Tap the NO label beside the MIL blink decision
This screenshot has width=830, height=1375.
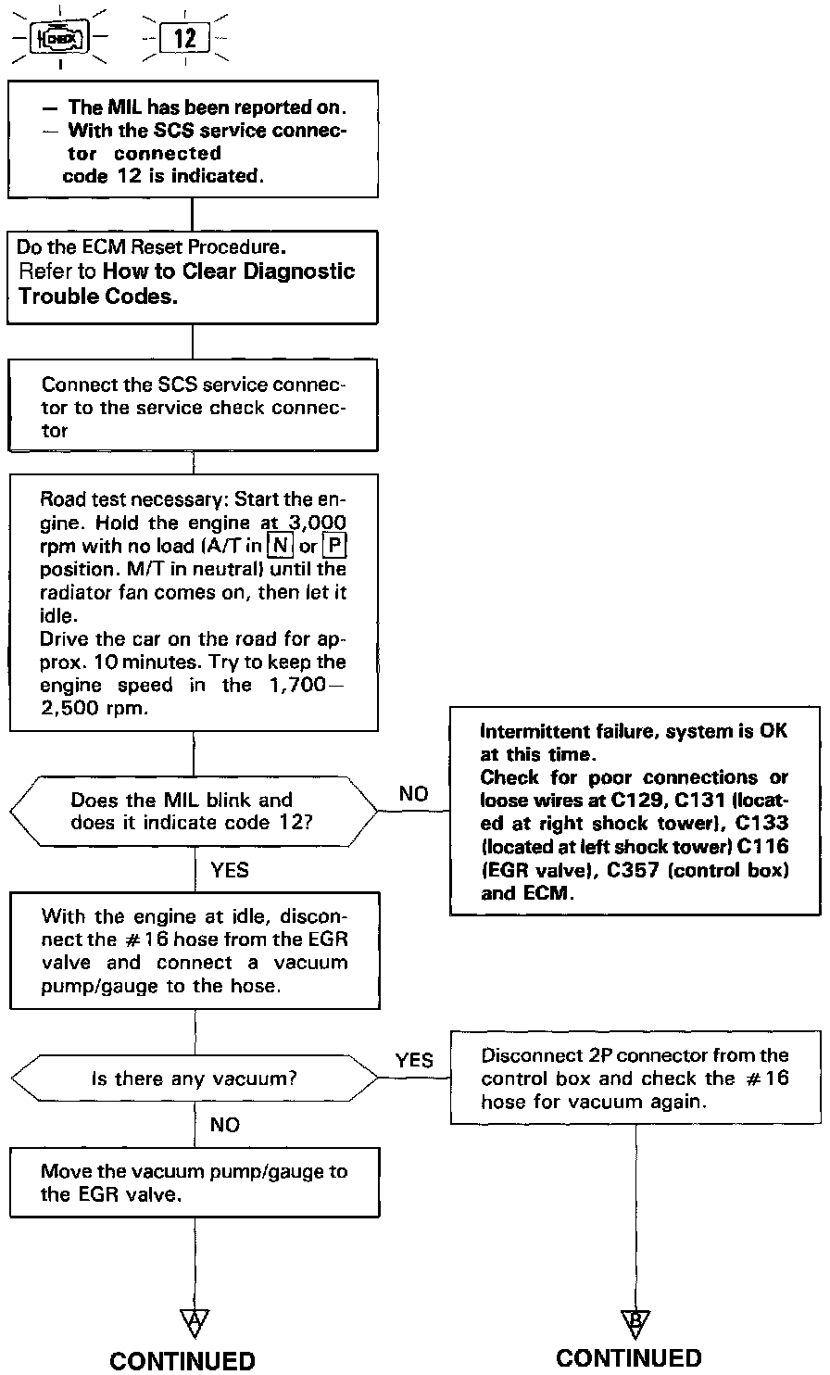[x=413, y=794]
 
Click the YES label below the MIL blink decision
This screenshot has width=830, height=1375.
[x=231, y=870]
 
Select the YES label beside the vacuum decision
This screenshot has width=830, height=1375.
[x=413, y=1060]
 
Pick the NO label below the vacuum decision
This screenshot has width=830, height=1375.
[x=225, y=1125]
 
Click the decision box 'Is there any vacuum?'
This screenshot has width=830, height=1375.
[x=195, y=1079]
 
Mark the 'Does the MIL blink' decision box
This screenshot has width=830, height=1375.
[x=195, y=811]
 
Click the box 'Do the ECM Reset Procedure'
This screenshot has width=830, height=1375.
[x=194, y=276]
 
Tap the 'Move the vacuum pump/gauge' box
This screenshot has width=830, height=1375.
[x=195, y=1183]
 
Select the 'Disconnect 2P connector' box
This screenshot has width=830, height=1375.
[x=635, y=1079]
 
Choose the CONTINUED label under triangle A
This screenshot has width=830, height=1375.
[x=182, y=1360]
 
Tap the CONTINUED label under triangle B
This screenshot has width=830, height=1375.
[x=629, y=1358]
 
